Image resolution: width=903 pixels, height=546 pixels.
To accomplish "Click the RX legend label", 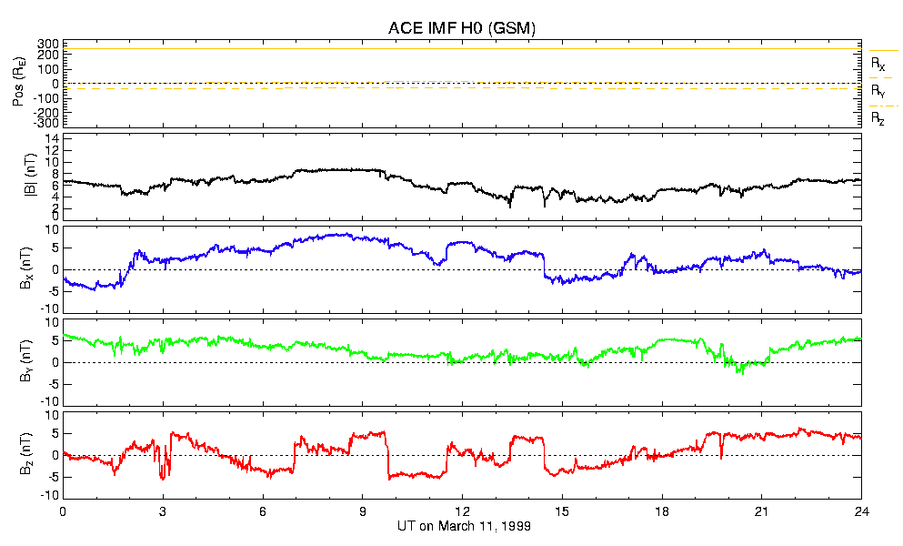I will coord(878,64).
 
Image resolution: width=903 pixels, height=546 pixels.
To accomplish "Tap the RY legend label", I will coord(878,91).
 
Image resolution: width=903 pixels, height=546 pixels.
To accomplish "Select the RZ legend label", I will coord(878,118).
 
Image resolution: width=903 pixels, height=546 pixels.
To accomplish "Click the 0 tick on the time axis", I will coord(63,511).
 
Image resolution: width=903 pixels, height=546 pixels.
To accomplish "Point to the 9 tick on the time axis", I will coord(362,511).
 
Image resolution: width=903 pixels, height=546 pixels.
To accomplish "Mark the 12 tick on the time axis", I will coord(462,511).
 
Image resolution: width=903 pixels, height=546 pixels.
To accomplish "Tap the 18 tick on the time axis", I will coord(662,511).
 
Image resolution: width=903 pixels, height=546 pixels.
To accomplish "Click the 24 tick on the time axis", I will coord(861,511).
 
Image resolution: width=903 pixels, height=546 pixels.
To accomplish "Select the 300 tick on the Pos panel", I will coord(48,44).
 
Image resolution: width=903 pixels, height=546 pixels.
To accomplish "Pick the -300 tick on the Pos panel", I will coord(46,123).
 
